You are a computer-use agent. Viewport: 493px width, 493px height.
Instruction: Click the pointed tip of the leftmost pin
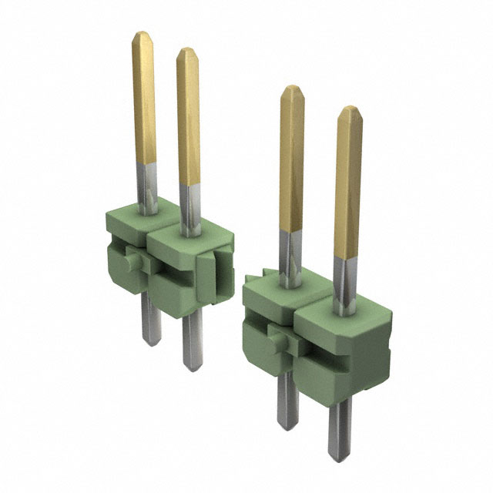pos(142,35)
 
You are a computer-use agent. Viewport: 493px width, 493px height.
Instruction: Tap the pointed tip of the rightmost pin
pos(350,110)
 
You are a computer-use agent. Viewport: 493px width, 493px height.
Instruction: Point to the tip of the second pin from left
pos(187,52)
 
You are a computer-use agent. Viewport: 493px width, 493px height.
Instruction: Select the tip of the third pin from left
pos(292,89)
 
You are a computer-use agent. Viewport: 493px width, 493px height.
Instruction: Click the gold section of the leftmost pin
pos(143,100)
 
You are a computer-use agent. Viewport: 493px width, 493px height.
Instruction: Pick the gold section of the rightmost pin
pos(348,185)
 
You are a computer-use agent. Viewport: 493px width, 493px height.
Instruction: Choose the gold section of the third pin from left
pos(291,162)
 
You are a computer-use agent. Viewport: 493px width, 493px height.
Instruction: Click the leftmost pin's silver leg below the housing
pos(151,324)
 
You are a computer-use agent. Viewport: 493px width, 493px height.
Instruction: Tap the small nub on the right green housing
pos(273,335)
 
